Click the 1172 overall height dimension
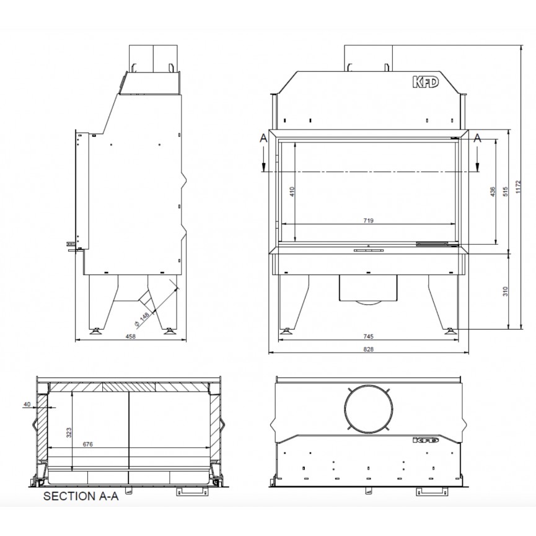(518, 187)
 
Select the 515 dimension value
(506, 191)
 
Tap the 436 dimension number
(492, 191)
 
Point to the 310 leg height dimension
(506, 291)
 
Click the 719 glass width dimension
(368, 221)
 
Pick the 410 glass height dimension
(292, 191)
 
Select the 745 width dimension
(368, 336)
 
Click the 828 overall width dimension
(368, 349)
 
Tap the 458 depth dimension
(131, 336)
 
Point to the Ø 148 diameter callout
(142, 319)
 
